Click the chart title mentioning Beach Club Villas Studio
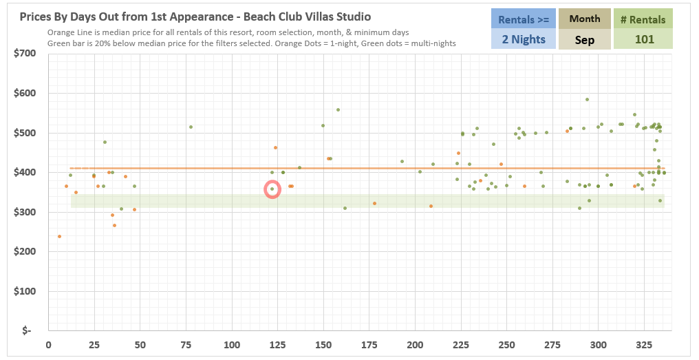(x=195, y=17)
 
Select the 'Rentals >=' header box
(x=522, y=19)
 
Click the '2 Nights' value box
(x=522, y=39)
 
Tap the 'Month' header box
(x=585, y=19)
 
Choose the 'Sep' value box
(x=585, y=39)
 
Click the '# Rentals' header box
(x=644, y=19)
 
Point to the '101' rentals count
(x=644, y=39)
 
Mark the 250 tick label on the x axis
(x=506, y=344)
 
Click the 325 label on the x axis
(x=644, y=344)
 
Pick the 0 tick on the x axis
(x=48, y=344)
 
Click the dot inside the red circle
(x=272, y=189)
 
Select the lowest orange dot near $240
(x=59, y=236)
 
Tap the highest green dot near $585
(x=587, y=99)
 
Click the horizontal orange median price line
(x=344, y=168)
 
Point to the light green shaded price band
(x=344, y=200)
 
